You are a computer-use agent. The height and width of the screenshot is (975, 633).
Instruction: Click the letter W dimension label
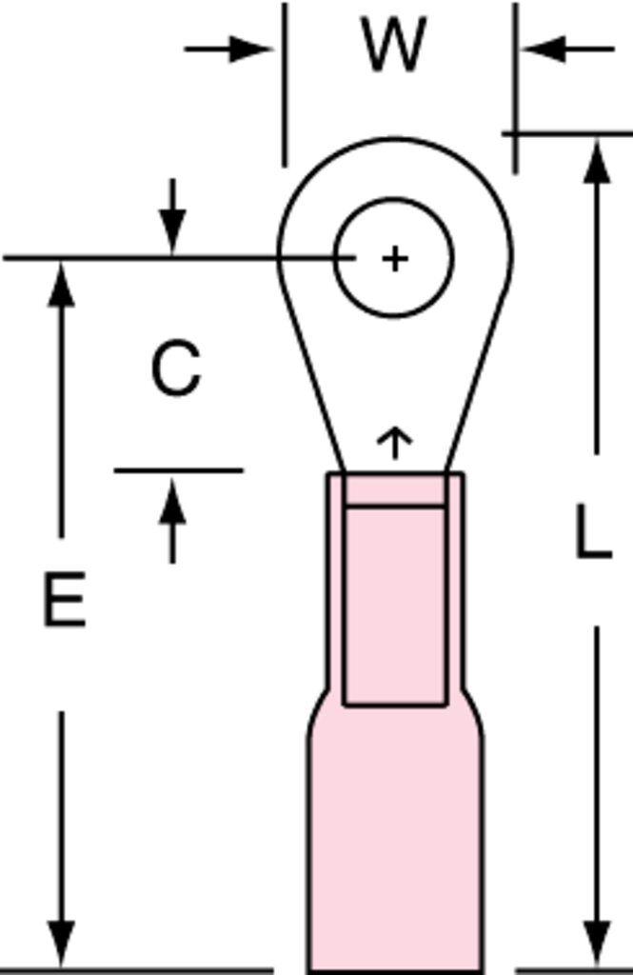point(394,44)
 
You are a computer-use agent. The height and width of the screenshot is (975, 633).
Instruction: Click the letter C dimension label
point(177,368)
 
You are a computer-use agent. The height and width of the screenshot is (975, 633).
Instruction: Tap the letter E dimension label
point(64,599)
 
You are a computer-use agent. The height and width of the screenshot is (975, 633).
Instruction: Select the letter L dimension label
point(593,531)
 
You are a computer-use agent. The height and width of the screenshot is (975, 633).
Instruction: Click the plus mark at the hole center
point(394,258)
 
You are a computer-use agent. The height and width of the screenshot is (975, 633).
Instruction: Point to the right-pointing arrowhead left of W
point(251,49)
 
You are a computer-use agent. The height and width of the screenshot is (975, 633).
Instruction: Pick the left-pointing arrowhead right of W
point(544,49)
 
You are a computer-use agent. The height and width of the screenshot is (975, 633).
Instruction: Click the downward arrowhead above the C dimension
point(173,232)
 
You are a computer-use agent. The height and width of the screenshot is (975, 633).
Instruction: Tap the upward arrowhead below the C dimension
point(173,501)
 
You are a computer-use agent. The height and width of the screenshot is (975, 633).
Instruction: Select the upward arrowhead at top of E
point(61,284)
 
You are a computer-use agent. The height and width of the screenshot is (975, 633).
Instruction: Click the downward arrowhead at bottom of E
point(61,944)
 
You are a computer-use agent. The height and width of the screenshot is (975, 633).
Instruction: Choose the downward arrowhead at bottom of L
point(597,944)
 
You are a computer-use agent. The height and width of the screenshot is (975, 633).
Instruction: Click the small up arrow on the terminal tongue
point(394,443)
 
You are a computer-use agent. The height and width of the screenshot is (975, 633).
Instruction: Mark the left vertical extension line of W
point(285,85)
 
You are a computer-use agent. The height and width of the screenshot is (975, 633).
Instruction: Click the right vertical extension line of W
point(516,88)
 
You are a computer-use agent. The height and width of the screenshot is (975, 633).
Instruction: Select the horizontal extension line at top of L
point(567,133)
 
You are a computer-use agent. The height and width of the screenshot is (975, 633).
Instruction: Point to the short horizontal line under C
point(178,470)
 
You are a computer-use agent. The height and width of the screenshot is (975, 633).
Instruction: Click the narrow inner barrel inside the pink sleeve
point(395,607)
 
